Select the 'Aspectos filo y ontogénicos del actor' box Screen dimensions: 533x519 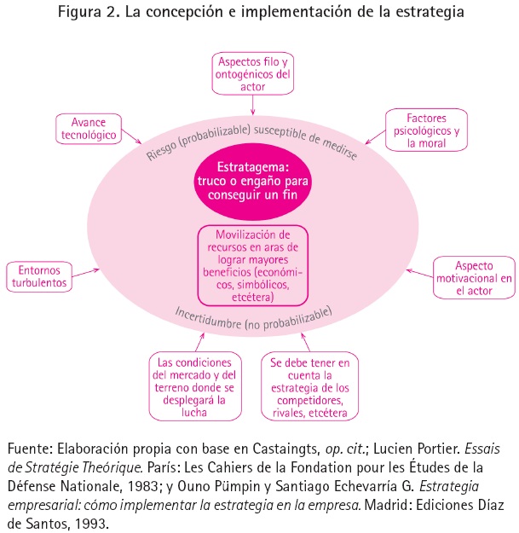click(x=253, y=74)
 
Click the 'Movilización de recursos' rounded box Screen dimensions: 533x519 click(x=252, y=265)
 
